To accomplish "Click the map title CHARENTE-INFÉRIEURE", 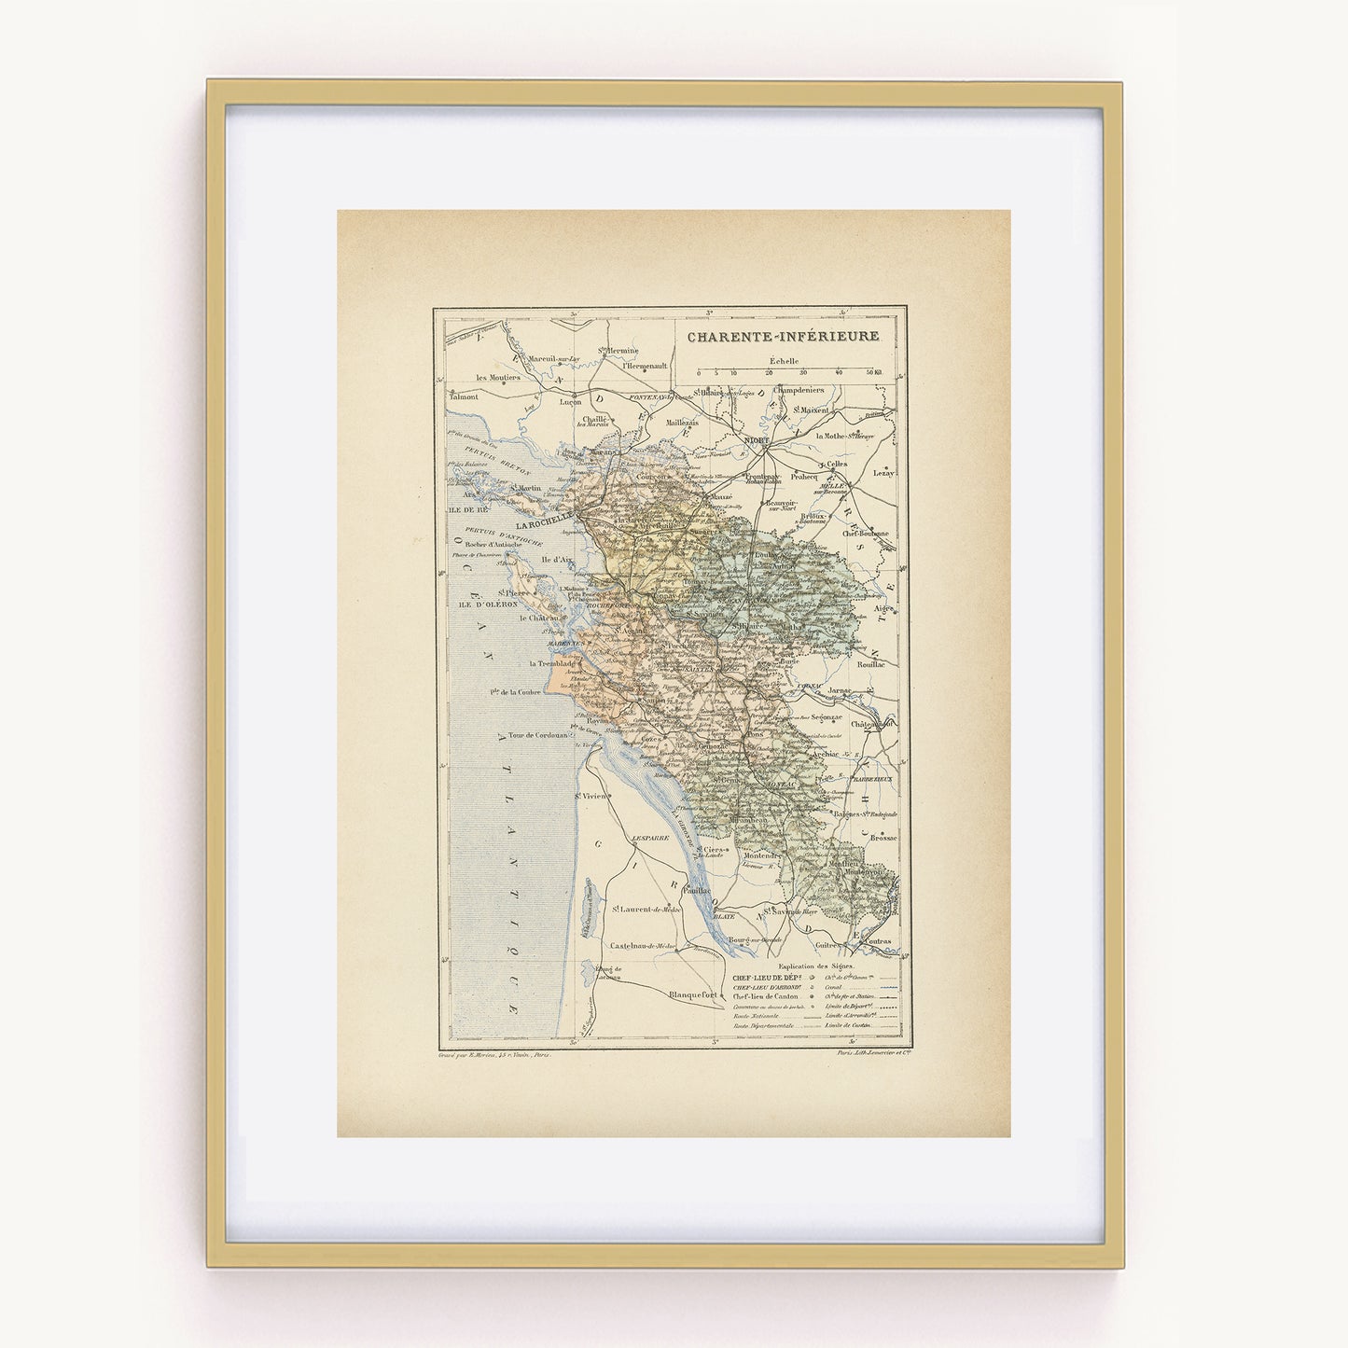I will pyautogui.click(x=783, y=337).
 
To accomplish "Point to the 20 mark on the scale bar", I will pyautogui.click(x=769, y=372).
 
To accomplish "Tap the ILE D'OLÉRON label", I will pyautogui.click(x=481, y=605).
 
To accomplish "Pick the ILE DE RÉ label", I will pyautogui.click(x=464, y=510).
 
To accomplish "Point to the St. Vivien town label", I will pyautogui.click(x=591, y=796).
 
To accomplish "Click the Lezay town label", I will pyautogui.click(x=882, y=473).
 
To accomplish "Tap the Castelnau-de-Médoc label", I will pyautogui.click(x=642, y=946).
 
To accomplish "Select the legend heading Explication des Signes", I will pyautogui.click(x=815, y=966).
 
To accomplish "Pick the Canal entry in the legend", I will pyautogui.click(x=829, y=986).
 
